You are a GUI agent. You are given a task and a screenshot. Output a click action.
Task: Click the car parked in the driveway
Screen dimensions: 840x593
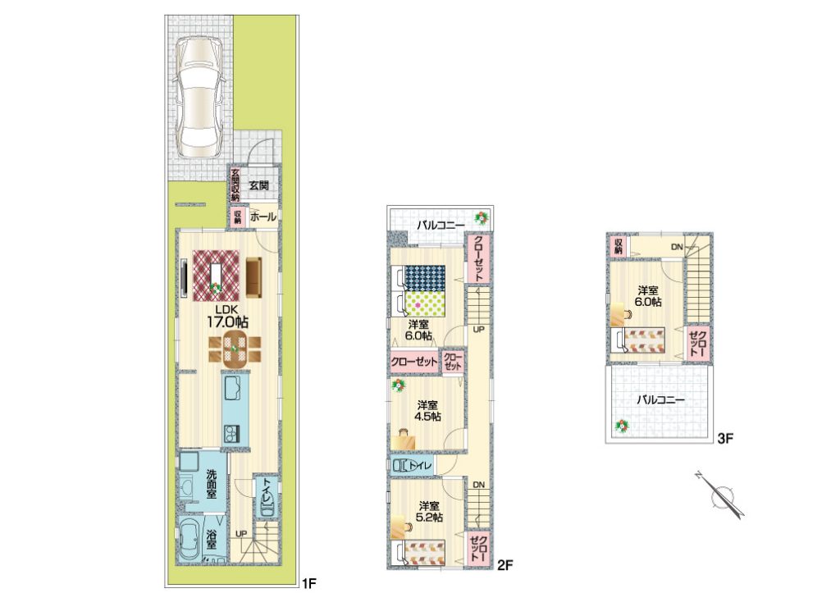(198, 97)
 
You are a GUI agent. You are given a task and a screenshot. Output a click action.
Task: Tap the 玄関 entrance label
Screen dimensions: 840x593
(258, 186)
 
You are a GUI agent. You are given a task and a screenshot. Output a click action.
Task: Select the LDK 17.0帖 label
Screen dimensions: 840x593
(228, 317)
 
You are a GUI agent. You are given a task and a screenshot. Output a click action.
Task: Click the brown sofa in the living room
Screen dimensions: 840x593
(254, 276)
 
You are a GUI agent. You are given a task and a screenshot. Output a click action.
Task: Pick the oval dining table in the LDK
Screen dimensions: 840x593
(235, 349)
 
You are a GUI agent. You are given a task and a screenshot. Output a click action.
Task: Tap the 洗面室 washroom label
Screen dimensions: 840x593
(212, 484)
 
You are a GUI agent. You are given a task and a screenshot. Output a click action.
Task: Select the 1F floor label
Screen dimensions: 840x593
(310, 582)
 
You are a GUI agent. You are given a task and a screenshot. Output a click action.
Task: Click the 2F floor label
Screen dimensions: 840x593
(505, 564)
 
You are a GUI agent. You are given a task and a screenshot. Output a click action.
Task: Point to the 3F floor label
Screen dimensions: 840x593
(725, 439)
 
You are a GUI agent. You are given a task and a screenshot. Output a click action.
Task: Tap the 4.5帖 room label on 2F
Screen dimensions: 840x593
(428, 410)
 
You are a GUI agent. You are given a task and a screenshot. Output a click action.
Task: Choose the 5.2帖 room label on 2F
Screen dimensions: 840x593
(430, 512)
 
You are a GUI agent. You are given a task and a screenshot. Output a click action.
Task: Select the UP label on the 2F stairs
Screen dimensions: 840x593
(478, 330)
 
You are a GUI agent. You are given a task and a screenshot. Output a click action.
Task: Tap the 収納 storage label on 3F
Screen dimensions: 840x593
(619, 246)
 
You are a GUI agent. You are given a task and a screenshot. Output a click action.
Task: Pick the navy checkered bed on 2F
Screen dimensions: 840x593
(425, 278)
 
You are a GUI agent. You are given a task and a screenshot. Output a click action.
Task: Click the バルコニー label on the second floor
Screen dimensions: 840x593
(441, 226)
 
